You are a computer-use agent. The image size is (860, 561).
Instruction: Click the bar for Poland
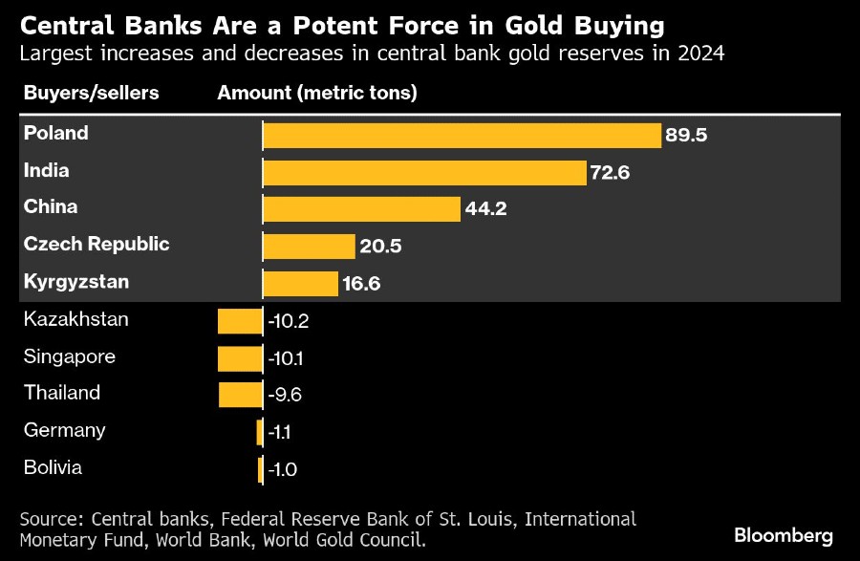tap(462, 135)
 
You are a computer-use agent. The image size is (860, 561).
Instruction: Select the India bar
tap(423, 172)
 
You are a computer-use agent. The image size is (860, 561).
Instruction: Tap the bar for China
tap(361, 209)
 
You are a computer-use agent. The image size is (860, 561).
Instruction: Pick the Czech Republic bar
tap(309, 247)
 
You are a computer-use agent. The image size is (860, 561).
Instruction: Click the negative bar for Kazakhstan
tap(240, 321)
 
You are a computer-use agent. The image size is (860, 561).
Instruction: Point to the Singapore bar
tap(240, 358)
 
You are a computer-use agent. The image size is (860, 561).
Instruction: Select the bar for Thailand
tap(241, 394)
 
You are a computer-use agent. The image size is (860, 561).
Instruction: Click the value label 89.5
tap(686, 136)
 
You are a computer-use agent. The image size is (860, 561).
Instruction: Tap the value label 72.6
tap(610, 173)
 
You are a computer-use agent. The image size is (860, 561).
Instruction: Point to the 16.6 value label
tap(362, 284)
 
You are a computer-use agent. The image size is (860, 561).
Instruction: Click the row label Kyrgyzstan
tap(76, 282)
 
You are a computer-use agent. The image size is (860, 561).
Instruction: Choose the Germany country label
tap(65, 430)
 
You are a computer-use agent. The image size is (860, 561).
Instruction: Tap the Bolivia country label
tap(53, 467)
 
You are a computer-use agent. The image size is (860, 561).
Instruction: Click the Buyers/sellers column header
tap(91, 93)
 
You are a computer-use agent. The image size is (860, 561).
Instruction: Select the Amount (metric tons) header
tap(317, 93)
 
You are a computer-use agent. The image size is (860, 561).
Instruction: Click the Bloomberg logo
tap(784, 535)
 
